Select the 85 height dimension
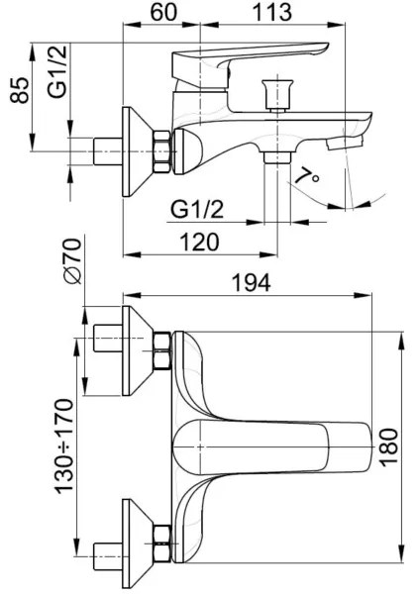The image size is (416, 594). point(20,90)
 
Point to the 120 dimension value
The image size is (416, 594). point(199,242)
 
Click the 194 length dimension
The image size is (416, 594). point(252,282)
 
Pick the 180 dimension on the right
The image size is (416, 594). point(388,447)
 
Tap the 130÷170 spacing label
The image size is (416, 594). point(64,445)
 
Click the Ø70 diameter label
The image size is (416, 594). point(72,261)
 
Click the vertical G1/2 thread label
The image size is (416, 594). point(57,71)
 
